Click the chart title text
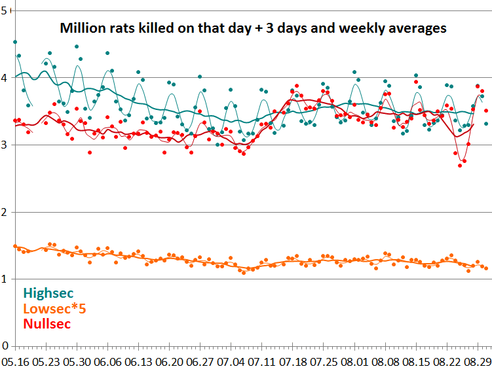click(254, 29)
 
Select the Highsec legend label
click(48, 294)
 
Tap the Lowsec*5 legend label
click(57, 308)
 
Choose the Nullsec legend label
click(47, 323)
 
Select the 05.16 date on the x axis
click(15, 361)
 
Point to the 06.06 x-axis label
click(107, 361)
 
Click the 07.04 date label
click(231, 361)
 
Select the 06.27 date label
click(200, 361)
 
